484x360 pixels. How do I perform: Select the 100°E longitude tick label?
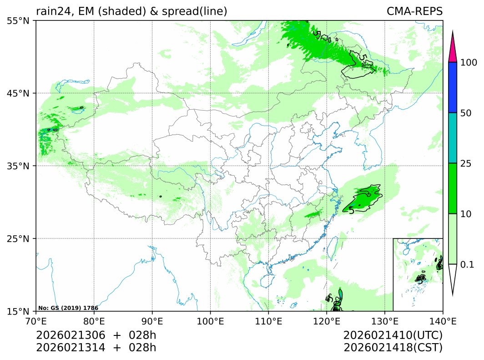(210, 321)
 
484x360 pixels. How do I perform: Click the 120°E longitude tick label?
(327, 321)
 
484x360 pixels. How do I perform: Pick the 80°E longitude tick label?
(94, 321)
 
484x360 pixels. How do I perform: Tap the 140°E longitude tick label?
(443, 321)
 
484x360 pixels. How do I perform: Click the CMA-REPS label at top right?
(414, 11)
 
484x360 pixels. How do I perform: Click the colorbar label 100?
(468, 62)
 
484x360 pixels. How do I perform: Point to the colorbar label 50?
(465, 113)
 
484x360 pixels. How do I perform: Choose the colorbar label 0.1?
(467, 264)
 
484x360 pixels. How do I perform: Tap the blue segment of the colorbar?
(453, 87)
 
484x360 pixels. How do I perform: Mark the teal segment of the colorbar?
(453, 138)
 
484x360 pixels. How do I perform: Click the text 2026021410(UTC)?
(393, 335)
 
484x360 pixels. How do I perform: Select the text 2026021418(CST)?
(393, 348)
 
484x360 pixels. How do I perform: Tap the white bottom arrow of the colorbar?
(453, 279)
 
